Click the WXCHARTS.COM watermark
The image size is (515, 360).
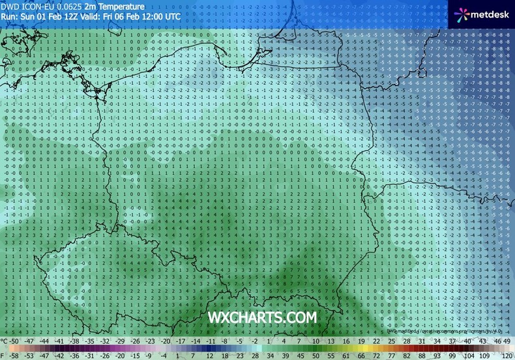coord(262,317)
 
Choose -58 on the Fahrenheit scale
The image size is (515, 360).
coord(12,356)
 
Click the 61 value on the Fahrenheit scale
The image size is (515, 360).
coord(351,356)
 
